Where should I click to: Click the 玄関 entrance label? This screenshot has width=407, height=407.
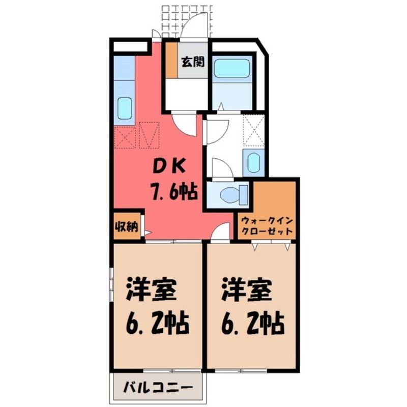pos(193,62)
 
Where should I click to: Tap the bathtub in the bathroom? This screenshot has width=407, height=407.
pos(232,68)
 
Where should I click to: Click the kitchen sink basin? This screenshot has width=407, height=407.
pos(125,108)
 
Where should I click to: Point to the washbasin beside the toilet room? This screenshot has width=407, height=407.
pos(253,163)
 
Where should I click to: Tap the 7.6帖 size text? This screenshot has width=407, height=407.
pos(173,191)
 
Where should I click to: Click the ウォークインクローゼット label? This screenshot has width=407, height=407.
pos(267,225)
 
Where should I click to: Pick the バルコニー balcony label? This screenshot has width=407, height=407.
pos(158,388)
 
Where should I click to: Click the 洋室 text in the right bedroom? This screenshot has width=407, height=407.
pos(247,289)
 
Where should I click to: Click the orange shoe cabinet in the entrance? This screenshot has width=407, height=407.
pos(171,60)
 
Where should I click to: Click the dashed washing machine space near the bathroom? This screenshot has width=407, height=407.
pos(253,130)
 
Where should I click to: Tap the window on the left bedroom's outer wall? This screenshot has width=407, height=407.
pos(111,284)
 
